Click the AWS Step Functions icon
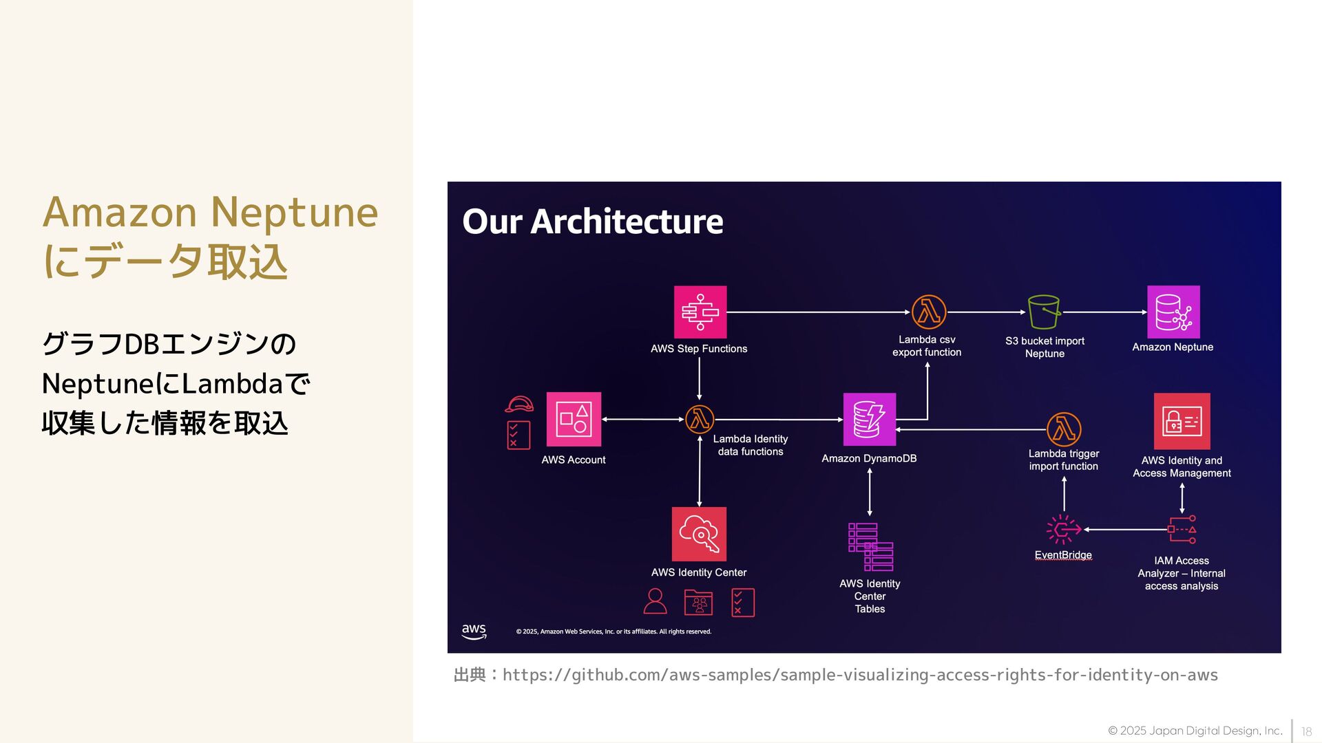[x=700, y=312]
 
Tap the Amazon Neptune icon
[x=1173, y=312]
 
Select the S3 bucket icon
[x=1044, y=312]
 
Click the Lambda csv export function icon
[x=928, y=312]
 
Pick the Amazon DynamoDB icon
[x=869, y=419]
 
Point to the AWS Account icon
[x=574, y=419]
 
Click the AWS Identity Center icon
[x=699, y=534]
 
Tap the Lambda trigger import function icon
[x=1064, y=429]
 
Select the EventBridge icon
[x=1063, y=530]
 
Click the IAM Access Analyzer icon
[x=1182, y=530]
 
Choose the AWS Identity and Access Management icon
[x=1182, y=421]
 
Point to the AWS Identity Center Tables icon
[x=870, y=547]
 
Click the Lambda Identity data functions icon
[x=700, y=419]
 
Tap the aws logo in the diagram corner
[x=474, y=631]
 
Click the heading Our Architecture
[x=592, y=222]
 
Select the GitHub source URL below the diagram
[x=860, y=675]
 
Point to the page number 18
[x=1306, y=731]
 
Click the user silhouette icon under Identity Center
[x=655, y=601]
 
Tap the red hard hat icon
[x=519, y=404]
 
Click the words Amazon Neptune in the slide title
[x=210, y=212]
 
